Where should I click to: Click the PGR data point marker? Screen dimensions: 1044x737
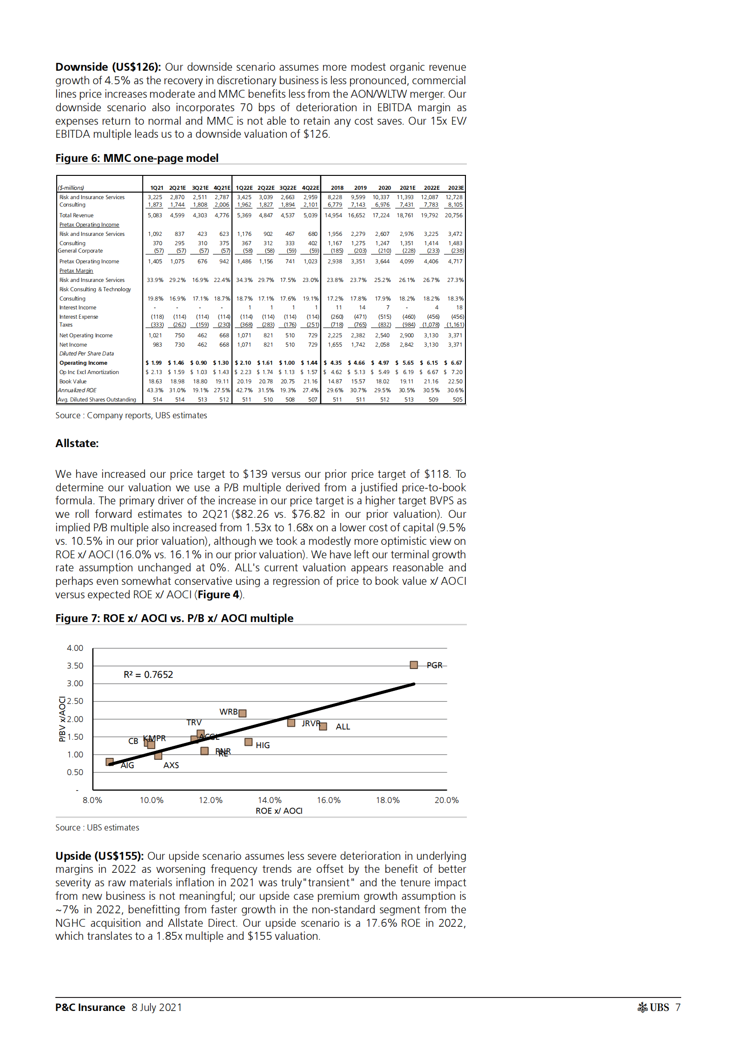click(x=413, y=665)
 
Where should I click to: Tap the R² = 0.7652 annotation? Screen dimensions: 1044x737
click(x=148, y=675)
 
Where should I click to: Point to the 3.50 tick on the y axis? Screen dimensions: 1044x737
click(x=75, y=666)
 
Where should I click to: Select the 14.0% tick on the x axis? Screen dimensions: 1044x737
click(x=270, y=800)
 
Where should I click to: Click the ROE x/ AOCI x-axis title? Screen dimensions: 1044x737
click(x=279, y=811)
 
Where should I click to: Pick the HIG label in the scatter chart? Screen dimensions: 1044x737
click(x=263, y=745)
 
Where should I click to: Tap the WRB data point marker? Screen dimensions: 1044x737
click(x=242, y=713)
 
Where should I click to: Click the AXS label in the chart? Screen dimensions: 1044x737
click(x=171, y=765)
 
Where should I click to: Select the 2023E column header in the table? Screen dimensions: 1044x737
click(x=456, y=188)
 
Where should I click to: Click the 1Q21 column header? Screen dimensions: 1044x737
click(x=157, y=188)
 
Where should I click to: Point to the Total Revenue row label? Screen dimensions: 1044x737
click(x=76, y=215)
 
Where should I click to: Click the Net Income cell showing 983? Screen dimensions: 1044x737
click(x=158, y=345)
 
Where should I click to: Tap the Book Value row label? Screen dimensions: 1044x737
click(x=73, y=381)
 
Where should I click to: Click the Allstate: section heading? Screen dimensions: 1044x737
click(x=77, y=443)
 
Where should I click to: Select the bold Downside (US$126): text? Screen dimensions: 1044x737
click(x=108, y=67)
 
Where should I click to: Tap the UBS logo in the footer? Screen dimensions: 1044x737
click(x=653, y=1007)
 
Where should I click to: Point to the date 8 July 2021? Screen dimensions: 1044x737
click(x=157, y=1007)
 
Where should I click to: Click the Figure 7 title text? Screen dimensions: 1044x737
click(x=174, y=618)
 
